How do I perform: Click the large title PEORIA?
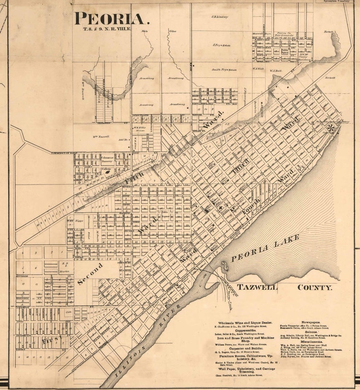[x=112, y=19]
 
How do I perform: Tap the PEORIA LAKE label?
[x=266, y=249]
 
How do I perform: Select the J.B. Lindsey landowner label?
[x=219, y=17]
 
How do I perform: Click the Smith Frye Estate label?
[x=225, y=70]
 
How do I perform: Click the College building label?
[x=106, y=169]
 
